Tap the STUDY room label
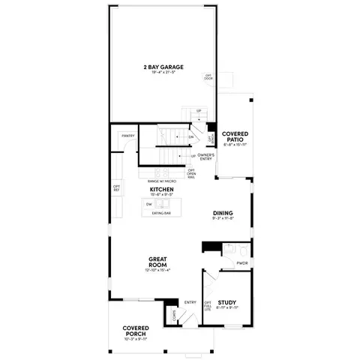[x=227, y=302]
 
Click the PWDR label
[x=242, y=264]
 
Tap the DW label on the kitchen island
[x=148, y=204]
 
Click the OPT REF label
[x=117, y=188]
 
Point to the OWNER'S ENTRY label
[x=207, y=156]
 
